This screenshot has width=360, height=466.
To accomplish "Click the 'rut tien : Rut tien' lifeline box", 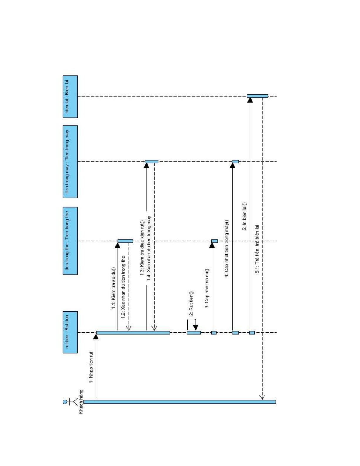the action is [x=70, y=332].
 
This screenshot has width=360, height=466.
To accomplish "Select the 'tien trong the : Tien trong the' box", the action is [x=70, y=241].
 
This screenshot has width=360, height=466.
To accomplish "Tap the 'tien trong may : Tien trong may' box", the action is [x=70, y=161].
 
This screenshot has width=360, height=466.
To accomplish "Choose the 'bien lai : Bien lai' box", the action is [x=70, y=96].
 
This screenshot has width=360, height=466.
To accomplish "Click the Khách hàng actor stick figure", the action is [x=70, y=402].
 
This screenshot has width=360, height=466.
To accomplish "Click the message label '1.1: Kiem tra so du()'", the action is [x=113, y=288].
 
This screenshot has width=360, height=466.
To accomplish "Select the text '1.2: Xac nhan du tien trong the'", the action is [x=123, y=287].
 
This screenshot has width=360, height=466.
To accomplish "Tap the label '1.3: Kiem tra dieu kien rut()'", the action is [x=142, y=248].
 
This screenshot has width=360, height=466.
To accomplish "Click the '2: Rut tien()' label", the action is [x=191, y=303].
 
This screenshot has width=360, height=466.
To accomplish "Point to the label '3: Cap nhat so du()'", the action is [x=207, y=288].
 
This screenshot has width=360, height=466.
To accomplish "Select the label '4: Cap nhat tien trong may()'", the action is [x=227, y=248].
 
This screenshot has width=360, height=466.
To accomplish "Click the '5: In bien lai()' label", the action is [x=245, y=216].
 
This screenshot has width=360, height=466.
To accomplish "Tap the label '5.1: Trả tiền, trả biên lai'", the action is [x=257, y=249].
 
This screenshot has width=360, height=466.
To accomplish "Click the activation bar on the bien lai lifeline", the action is [x=257, y=96].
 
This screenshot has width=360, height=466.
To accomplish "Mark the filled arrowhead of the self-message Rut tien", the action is [x=195, y=328].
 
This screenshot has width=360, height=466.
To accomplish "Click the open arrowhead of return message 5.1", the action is [x=262, y=397].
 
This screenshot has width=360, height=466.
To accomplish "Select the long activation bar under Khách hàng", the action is [x=180, y=402].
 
